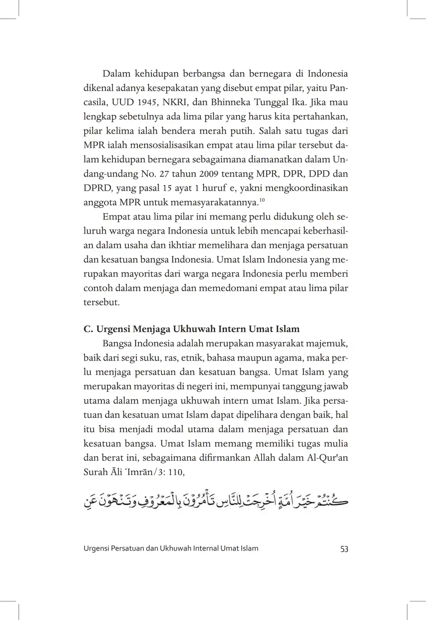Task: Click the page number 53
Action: (x=344, y=549)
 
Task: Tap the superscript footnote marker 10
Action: (x=262, y=199)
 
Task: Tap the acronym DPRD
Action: (x=97, y=188)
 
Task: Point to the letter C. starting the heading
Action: (x=88, y=329)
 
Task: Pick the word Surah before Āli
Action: (x=95, y=472)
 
